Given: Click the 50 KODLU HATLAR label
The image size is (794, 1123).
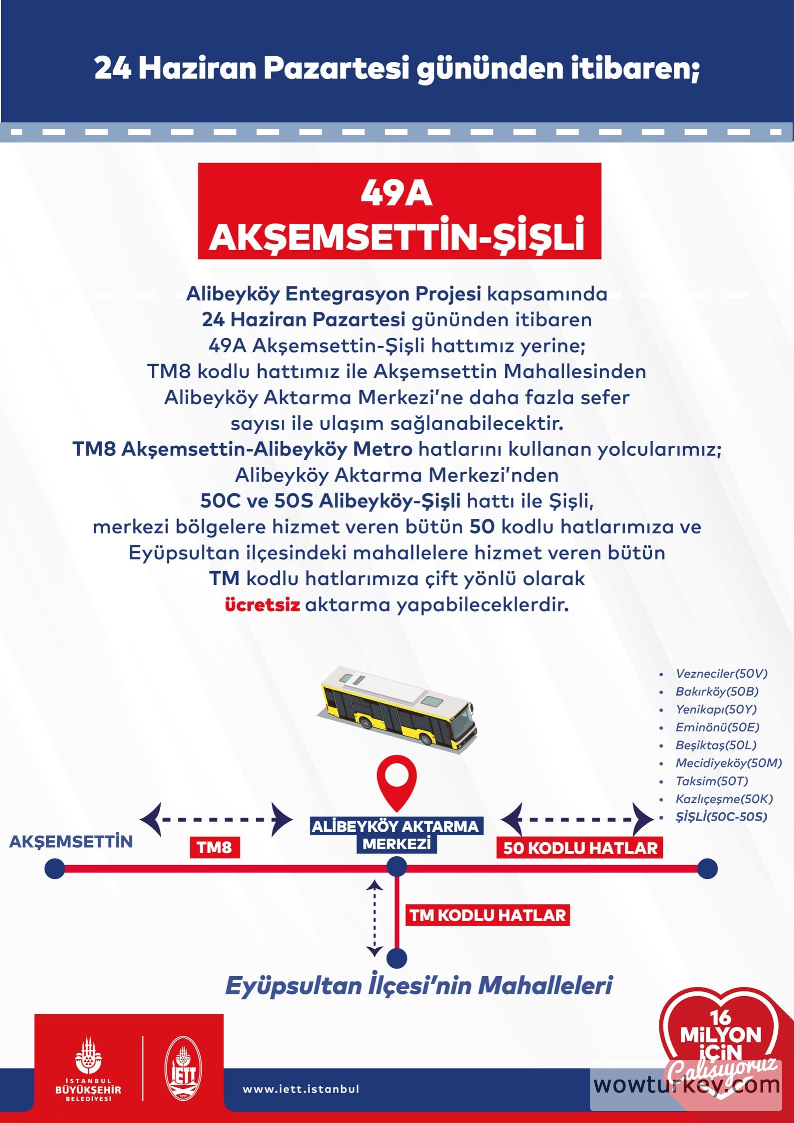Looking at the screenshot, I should tap(580, 848).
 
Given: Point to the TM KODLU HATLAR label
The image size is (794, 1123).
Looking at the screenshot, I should tap(487, 915).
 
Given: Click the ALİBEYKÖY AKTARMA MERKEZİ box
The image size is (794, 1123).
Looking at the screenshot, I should tap(396, 835).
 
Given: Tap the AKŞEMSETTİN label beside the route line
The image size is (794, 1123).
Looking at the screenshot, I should tap(71, 841).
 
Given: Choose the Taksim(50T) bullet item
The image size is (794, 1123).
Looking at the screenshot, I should tap(712, 781).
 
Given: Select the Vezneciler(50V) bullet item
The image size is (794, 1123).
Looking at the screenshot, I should tap(721, 673).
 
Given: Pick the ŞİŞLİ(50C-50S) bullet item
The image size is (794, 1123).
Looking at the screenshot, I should tap(721, 816).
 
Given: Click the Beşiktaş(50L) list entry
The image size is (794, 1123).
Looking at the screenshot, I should tap(716, 745).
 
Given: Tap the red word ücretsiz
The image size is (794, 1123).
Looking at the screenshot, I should tap(262, 605).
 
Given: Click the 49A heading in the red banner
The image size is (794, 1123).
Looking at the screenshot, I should tap(397, 194).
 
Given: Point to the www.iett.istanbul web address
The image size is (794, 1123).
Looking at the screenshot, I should tap(301, 1089).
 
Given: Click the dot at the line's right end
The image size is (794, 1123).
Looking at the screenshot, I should tap(707, 869).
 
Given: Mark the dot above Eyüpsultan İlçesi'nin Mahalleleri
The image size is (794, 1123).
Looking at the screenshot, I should tap(396, 958).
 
